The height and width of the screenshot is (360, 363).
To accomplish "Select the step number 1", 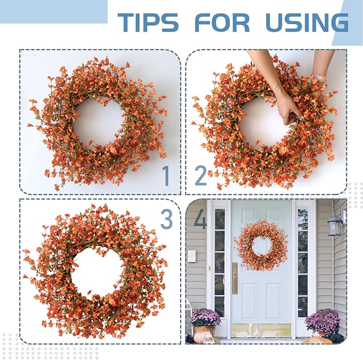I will [x=166, y=176].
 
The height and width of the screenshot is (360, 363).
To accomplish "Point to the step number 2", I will [x=200, y=176].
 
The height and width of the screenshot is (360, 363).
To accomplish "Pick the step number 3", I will [x=167, y=219].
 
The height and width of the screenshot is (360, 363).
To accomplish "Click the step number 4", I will [x=200, y=219].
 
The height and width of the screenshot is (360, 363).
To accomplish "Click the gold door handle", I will [x=234, y=278].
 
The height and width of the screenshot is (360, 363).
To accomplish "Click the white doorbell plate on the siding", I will [x=191, y=256].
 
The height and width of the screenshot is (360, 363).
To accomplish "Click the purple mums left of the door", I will [x=205, y=317].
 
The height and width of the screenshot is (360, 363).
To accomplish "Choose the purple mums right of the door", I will [x=322, y=320].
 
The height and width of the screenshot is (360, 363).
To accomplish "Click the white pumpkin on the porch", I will [x=203, y=337].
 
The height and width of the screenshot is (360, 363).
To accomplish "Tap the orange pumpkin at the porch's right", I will [x=321, y=340].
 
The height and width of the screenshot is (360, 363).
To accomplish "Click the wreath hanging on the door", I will [x=261, y=245].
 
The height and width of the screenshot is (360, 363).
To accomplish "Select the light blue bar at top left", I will [x=53, y=11].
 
